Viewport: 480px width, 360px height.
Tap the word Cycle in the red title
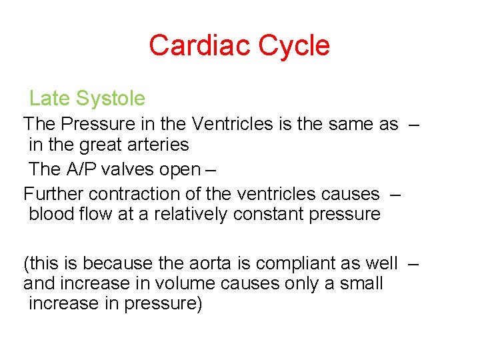[294, 46]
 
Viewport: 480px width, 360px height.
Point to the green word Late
[49, 99]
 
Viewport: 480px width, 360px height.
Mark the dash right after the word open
[211, 169]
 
